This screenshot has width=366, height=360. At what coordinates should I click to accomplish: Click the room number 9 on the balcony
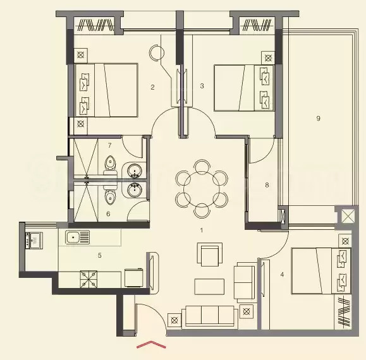pyautogui.click(x=318, y=118)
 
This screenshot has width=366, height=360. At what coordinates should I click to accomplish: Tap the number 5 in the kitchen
pyautogui.click(x=100, y=256)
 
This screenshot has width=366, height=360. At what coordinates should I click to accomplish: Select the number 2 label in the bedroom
pyautogui.click(x=152, y=87)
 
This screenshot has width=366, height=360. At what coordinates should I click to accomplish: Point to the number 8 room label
pyautogui.click(x=267, y=185)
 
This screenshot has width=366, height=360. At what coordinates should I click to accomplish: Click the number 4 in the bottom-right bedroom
pyautogui.click(x=282, y=274)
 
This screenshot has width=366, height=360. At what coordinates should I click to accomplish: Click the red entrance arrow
pyautogui.click(x=151, y=345)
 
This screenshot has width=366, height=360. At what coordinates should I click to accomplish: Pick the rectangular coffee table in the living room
pyautogui.click(x=209, y=286)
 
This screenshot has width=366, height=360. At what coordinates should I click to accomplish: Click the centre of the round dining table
pyautogui.click(x=201, y=187)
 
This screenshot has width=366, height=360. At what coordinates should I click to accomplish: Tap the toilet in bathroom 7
pyautogui.click(x=111, y=165)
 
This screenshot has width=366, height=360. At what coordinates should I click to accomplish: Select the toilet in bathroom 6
pyautogui.click(x=110, y=198)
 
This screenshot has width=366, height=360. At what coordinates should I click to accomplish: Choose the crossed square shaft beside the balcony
pyautogui.click(x=348, y=217)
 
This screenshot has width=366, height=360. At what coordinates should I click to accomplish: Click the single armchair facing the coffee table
pyautogui.click(x=209, y=255)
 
